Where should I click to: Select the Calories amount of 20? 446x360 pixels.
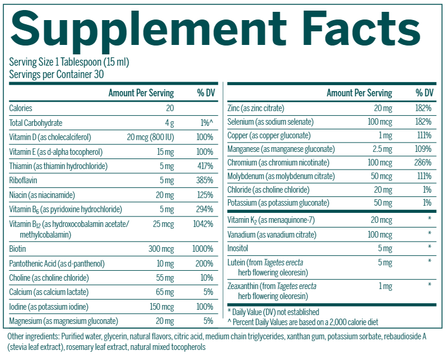pos(170,108)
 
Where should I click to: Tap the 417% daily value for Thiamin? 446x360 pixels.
pos(204,166)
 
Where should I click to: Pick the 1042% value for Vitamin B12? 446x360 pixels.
pos(203,224)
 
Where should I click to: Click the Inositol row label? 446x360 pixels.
pos(239,247)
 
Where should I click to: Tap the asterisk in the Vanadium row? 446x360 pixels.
pos(430,234)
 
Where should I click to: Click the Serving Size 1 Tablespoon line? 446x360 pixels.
pos(69,62)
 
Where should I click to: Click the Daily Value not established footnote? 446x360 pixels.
pos(274,312)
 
